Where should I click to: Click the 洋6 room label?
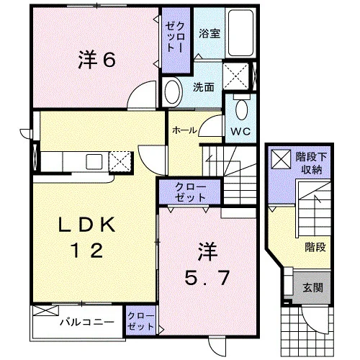point(96,60)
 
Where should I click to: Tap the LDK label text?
point(87,225)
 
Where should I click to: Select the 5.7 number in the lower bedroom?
point(207,277)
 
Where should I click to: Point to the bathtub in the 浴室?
point(240,32)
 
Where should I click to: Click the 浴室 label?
point(210,33)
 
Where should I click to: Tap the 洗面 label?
point(204,87)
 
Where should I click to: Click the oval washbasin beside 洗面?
point(172,92)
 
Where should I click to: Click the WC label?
point(240,131)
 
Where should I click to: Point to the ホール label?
point(184,130)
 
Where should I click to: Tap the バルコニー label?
point(87,322)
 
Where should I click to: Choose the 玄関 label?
point(312,287)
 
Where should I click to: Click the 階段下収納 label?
point(311,163)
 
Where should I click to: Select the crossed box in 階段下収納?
point(281,159)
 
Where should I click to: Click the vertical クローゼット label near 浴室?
point(175,37)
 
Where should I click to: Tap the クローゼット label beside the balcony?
point(141,321)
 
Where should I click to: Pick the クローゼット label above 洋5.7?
point(190,192)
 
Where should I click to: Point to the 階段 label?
point(315,247)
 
